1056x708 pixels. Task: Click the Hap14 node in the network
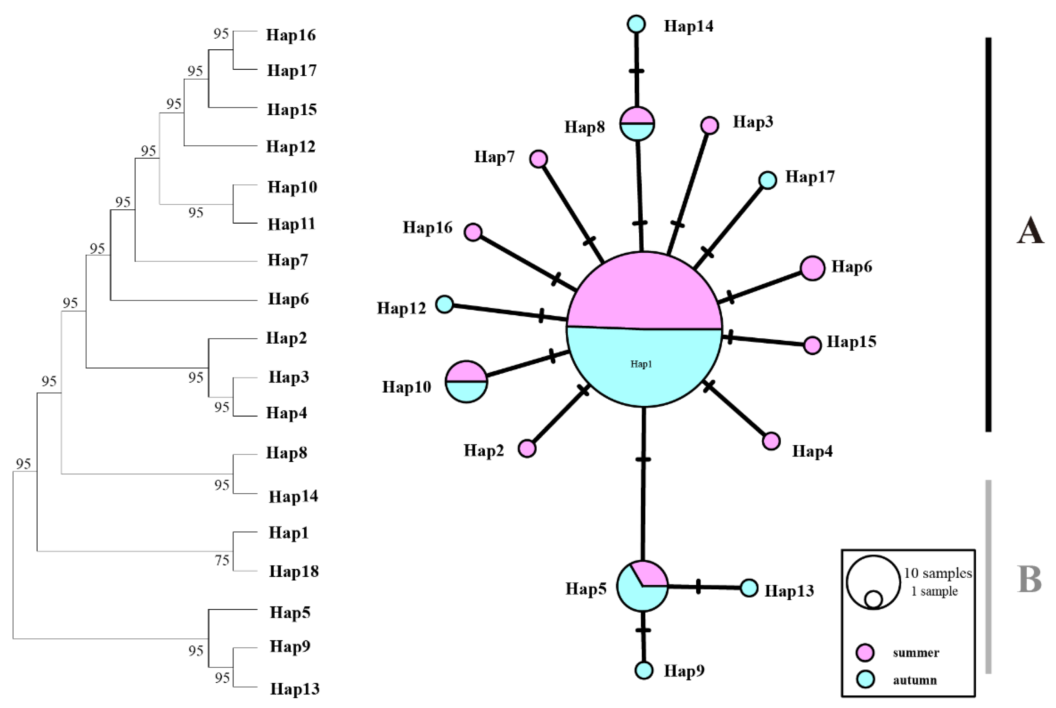636,24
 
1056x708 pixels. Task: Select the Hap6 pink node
812,268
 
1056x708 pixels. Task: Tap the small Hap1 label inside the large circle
641,364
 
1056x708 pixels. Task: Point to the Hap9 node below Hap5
644,670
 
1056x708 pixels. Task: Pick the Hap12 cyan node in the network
444,304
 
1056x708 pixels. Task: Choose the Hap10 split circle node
466,381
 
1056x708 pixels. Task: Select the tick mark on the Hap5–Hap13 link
698,587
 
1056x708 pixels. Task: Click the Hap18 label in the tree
294,571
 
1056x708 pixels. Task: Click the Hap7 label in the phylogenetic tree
288,260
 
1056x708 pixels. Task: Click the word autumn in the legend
914,679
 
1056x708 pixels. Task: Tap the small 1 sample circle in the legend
873,599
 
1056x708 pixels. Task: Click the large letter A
1030,231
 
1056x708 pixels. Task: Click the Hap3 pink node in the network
709,125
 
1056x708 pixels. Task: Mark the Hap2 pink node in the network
527,448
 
